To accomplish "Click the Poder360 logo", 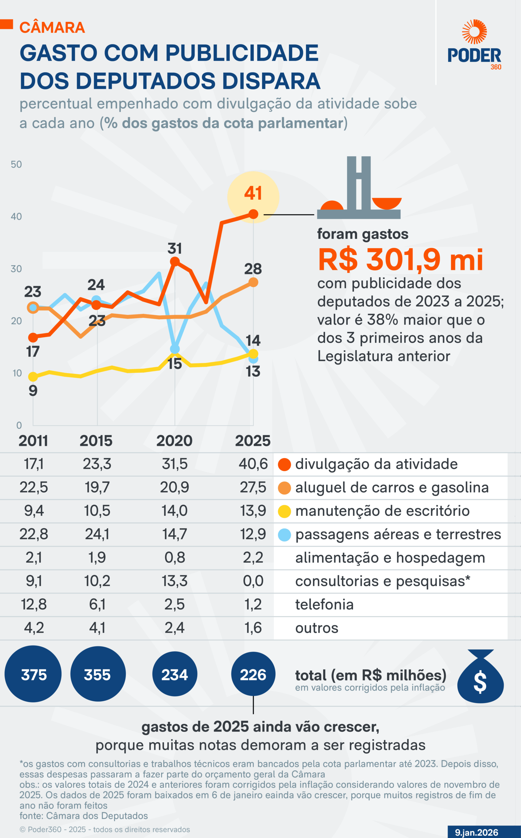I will click(x=474, y=45).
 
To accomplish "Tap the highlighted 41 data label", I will click(x=253, y=193).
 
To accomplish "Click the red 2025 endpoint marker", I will click(x=253, y=214).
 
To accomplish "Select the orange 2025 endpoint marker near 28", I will click(x=253, y=282).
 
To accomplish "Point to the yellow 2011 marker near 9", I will click(x=33, y=377).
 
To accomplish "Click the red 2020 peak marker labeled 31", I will click(x=175, y=262).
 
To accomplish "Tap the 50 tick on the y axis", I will click(x=16, y=165).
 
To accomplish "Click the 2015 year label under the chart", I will click(x=96, y=441).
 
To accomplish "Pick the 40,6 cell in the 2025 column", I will click(x=253, y=464).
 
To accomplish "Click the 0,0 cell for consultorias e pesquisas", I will click(x=253, y=581).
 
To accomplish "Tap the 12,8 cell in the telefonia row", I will click(x=34, y=604).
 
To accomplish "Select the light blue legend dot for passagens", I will click(x=284, y=535).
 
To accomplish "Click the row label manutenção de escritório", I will click(x=382, y=511).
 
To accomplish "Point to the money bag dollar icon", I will click(x=480, y=677).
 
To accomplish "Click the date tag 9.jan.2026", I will click(x=476, y=832).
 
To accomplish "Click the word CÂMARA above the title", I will click(x=52, y=27).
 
